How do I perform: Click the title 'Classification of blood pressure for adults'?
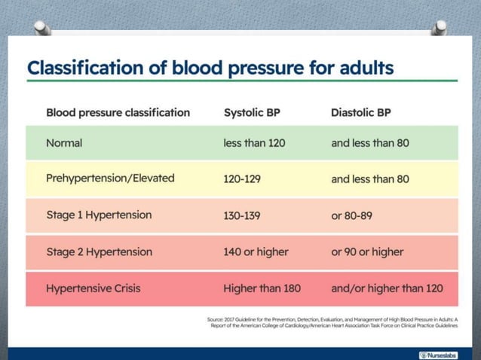(210, 68)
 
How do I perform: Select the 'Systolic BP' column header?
(253, 112)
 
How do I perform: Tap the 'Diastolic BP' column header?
(360, 112)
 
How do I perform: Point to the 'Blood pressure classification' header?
(118, 112)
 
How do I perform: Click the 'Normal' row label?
(64, 142)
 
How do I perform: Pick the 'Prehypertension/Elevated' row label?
(110, 178)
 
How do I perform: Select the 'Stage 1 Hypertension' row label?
(99, 215)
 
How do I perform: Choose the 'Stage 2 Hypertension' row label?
(99, 252)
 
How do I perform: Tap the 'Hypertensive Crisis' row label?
(93, 288)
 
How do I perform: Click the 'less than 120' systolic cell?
(254, 142)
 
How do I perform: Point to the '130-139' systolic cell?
(242, 215)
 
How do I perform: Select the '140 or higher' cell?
(256, 252)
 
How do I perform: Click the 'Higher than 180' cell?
(262, 288)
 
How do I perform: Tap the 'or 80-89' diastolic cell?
(351, 215)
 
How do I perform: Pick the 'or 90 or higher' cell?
(367, 252)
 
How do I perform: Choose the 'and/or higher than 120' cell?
(387, 288)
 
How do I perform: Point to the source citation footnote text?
(332, 323)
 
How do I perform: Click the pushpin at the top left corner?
(42, 28)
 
